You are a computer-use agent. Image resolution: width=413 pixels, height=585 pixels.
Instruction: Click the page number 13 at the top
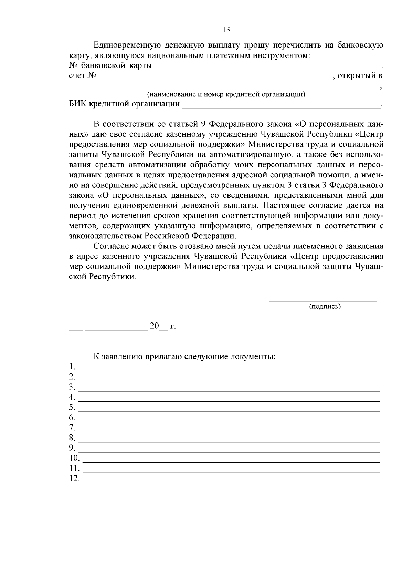pos(226,30)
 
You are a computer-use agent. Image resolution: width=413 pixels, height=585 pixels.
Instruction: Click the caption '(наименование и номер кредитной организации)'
pos(226,94)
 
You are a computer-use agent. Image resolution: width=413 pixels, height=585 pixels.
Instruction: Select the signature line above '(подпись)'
pos(322,301)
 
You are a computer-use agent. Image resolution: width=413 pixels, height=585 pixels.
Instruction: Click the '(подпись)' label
pos(325,306)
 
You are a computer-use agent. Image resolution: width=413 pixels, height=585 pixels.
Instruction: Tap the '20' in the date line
pos(154,326)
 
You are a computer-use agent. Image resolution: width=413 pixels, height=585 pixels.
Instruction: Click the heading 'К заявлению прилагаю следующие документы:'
pos(184,356)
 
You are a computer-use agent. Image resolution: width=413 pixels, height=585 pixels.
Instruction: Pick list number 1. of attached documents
pos(72,366)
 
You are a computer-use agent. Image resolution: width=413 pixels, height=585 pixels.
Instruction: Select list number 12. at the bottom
pos(74,479)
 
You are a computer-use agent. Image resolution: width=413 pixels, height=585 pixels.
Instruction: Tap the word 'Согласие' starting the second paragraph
pos(111,247)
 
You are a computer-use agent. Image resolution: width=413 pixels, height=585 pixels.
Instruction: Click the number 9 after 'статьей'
pos(202,124)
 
